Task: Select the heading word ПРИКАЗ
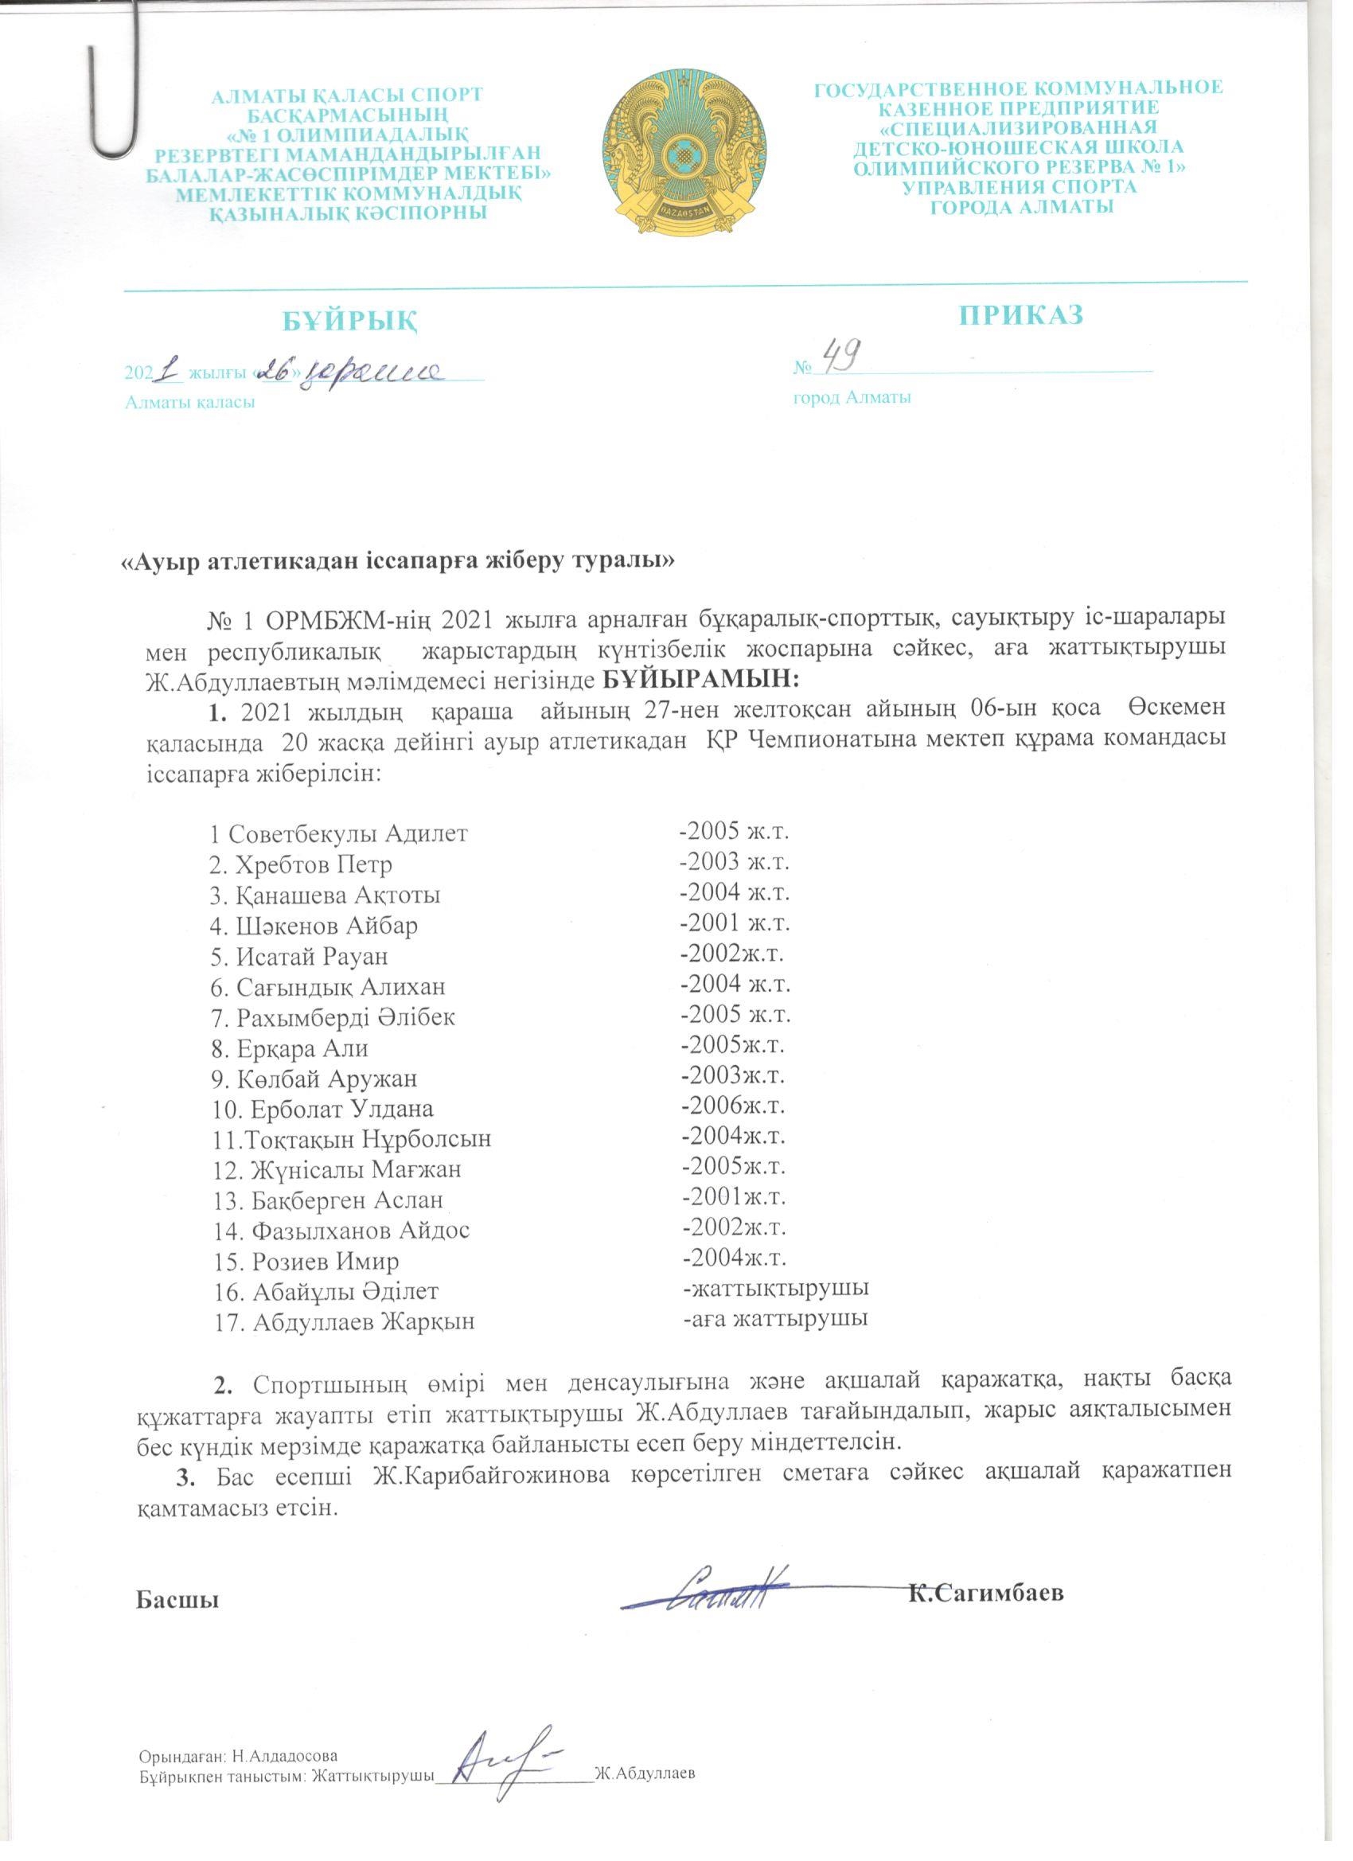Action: pyautogui.click(x=1022, y=314)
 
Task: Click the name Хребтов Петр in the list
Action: pyautogui.click(x=301, y=864)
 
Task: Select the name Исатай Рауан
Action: pyautogui.click(x=299, y=956)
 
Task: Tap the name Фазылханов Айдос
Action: pyautogui.click(x=341, y=1230)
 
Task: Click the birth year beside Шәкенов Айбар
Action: pyautogui.click(x=735, y=924)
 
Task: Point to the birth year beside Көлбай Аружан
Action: pyautogui.click(x=733, y=1075)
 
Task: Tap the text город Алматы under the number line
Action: pyautogui.click(x=852, y=399)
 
